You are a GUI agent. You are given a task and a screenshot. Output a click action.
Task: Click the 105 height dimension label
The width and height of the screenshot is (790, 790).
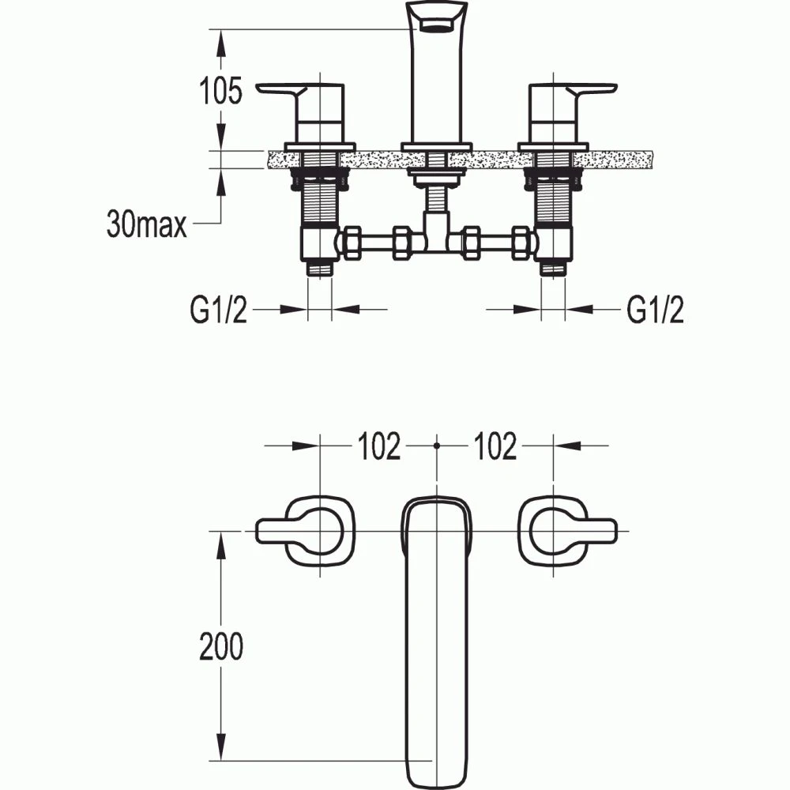pyautogui.click(x=219, y=92)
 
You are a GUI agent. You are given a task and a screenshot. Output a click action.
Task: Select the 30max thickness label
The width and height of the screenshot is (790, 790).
pyautogui.click(x=146, y=226)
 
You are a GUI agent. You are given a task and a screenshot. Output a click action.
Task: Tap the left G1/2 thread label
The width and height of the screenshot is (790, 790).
pyautogui.click(x=219, y=310)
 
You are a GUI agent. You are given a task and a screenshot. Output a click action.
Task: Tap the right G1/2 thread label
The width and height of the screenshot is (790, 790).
pyautogui.click(x=655, y=310)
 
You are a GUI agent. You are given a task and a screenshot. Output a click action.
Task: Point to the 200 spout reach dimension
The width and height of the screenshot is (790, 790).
pyautogui.click(x=220, y=647)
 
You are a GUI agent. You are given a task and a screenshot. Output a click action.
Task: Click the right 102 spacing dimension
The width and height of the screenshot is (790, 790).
pyautogui.click(x=495, y=447)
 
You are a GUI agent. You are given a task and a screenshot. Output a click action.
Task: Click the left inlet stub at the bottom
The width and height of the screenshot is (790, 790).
pyautogui.click(x=319, y=269)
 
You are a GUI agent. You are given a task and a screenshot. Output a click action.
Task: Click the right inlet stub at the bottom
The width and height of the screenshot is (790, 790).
pyautogui.click(x=553, y=269)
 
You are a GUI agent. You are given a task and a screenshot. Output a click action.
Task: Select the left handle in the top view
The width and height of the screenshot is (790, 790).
pyautogui.click(x=304, y=532)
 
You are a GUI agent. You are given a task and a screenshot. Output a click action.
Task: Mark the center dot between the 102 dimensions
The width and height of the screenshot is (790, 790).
pyautogui.click(x=436, y=446)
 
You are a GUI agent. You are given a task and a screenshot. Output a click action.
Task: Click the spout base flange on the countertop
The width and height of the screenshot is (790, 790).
pyautogui.click(x=436, y=147)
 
